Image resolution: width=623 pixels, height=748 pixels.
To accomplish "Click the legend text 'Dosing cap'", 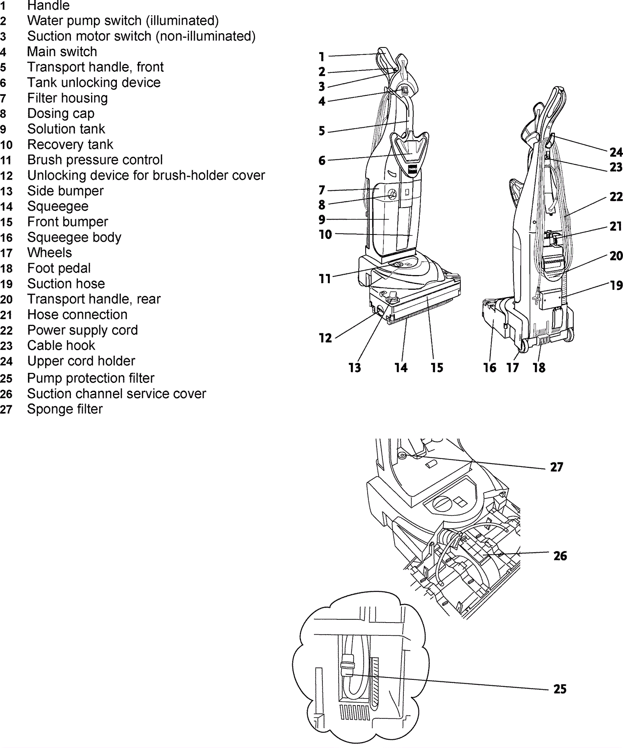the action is [61, 113].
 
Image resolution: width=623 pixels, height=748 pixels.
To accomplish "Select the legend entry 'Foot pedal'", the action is [59, 268].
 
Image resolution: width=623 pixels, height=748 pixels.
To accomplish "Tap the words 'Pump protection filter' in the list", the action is [91, 378].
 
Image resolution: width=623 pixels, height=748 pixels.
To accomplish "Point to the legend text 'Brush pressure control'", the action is [95, 160].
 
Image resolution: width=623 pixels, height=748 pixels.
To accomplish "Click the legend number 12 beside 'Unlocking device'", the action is [7, 176].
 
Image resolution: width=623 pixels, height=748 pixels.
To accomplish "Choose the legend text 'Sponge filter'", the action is [65, 409].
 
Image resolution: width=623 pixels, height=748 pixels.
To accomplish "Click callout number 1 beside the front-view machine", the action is [322, 57].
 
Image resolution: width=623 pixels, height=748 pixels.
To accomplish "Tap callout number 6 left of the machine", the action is [322, 160].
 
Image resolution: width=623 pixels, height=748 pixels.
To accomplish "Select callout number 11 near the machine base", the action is [325, 279].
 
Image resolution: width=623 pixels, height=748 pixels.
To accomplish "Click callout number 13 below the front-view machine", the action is [355, 367].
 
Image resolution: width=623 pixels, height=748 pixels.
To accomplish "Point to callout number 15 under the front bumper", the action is [437, 367].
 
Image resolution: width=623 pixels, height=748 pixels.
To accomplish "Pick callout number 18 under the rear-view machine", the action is [539, 367].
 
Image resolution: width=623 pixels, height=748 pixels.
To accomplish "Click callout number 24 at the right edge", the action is [616, 152].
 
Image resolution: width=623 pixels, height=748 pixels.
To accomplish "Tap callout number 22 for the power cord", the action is [616, 197].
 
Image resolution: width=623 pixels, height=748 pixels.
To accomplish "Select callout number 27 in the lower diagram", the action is [557, 467].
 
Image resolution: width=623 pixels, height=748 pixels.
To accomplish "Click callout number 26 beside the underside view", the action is [560, 556].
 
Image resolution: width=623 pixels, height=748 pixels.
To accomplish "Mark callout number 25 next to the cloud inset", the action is [560, 689].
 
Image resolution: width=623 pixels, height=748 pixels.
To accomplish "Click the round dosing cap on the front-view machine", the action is [392, 194].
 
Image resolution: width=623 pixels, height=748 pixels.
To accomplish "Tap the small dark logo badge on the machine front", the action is [413, 169].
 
